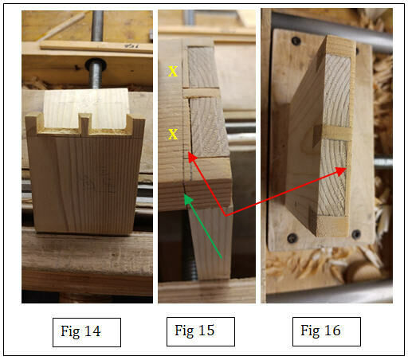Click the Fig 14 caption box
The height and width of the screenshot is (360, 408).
pos(87,332)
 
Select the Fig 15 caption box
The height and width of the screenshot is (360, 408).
pos(201,331)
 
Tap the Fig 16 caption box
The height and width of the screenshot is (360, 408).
pos(327,331)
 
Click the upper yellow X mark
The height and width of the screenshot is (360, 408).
pos(173,72)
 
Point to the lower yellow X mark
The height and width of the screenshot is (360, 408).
pos(173,135)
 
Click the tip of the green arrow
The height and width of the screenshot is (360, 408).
pos(185,195)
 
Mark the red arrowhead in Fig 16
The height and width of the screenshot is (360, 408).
pos(342,170)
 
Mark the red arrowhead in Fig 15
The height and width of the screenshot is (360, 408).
pos(192,158)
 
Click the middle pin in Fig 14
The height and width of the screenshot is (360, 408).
pos(85,123)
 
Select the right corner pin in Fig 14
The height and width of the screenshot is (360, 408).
pos(136,125)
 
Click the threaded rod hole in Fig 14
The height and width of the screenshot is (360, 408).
pos(96,65)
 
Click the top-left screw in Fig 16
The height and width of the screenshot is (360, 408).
pos(296,41)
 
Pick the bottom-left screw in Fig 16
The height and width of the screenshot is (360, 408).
pos(292,238)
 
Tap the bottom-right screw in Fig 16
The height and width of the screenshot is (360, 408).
pos(356,234)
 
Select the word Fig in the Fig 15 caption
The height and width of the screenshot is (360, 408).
pos(184,331)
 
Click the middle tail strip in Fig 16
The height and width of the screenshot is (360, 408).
pos(336,133)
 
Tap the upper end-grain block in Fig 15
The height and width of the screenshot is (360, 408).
pos(202,67)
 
